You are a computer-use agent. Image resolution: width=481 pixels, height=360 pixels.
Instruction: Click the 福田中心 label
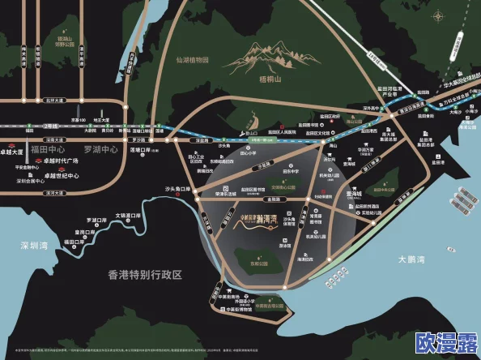(x=47, y=149)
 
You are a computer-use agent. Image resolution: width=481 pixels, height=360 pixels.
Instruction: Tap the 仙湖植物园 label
(x=193, y=59)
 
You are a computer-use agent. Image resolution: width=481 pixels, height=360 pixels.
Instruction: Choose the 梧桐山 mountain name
(x=268, y=79)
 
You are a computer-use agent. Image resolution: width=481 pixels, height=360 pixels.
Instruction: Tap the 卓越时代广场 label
(x=60, y=161)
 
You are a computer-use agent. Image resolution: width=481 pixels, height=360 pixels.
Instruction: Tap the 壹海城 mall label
(x=355, y=194)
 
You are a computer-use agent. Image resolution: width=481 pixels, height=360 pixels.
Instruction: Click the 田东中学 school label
(x=268, y=172)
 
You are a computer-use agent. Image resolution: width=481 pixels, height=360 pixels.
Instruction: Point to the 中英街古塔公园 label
(x=261, y=307)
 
